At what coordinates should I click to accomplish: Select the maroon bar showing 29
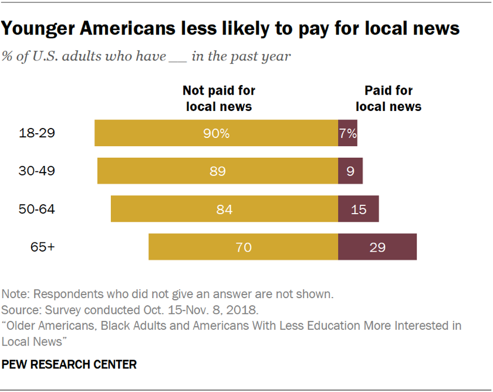[x=377, y=247]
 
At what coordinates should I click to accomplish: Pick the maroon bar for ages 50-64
[x=358, y=209]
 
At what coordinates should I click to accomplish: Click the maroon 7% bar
[x=347, y=133]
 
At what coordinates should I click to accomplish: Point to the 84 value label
[x=224, y=209]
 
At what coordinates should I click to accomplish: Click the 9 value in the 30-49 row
[x=350, y=171]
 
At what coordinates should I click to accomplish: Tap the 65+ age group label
[x=43, y=247]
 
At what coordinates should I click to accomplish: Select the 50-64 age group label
[x=38, y=209]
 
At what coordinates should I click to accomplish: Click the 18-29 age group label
[x=38, y=133]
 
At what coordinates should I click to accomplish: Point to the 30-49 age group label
[x=38, y=171]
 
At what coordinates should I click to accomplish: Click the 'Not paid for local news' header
[x=219, y=98]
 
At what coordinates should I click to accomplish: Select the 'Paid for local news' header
[x=389, y=98]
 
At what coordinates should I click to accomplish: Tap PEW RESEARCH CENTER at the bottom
[x=69, y=364]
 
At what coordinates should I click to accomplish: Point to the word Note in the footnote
[x=13, y=293]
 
